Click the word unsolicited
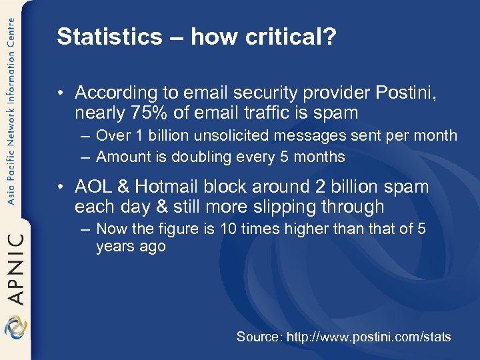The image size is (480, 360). pyautogui.click(x=217, y=136)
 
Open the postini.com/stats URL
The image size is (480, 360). pyautogui.click(x=369, y=337)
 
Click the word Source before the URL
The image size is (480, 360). pyautogui.click(x=259, y=337)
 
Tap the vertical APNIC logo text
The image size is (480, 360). pyautogui.click(x=15, y=267)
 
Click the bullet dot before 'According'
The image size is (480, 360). pyautogui.click(x=63, y=93)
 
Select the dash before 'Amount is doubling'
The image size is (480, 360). pyautogui.click(x=85, y=157)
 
